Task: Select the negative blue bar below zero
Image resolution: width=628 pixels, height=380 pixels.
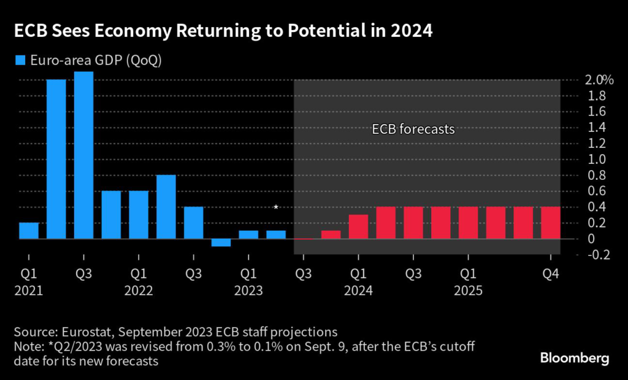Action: point(221,242)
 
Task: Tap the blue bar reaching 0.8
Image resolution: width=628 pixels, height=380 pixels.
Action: point(166,207)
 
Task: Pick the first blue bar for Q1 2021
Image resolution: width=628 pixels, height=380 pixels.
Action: point(29,230)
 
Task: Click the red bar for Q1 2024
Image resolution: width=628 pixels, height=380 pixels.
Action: point(358,227)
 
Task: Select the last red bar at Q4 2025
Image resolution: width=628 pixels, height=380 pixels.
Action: point(550,223)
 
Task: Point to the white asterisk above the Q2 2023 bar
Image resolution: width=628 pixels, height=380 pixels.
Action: point(276,207)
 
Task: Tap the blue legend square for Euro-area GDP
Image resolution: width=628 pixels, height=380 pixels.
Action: point(20,60)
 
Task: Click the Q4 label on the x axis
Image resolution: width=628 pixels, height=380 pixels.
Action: point(550,273)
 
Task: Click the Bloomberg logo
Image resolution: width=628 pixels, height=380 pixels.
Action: point(575,357)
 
